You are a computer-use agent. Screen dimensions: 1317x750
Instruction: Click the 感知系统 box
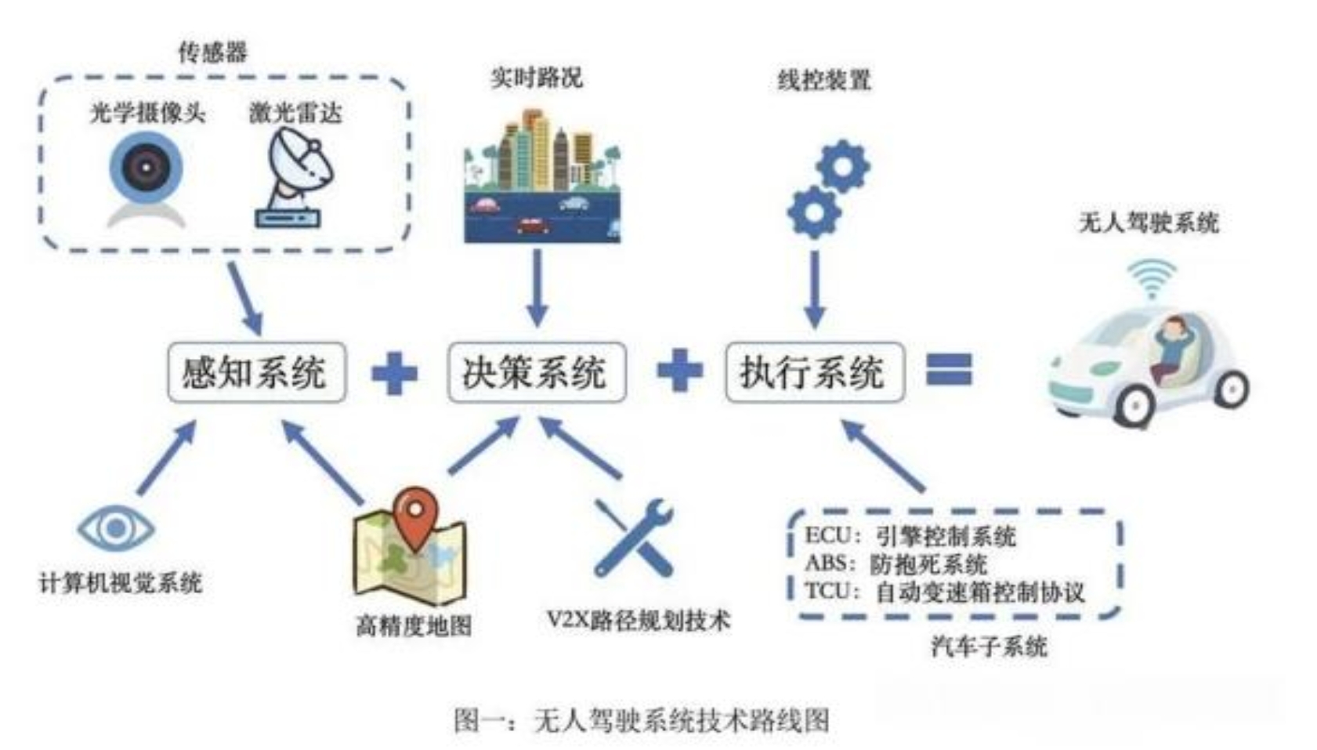tap(257, 372)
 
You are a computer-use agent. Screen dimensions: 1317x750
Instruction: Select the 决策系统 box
tap(536, 372)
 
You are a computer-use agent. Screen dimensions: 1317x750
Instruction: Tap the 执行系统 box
tap(815, 372)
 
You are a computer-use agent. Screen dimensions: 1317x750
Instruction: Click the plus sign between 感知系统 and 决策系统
tap(395, 373)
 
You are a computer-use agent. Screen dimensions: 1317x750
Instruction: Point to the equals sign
tap(950, 369)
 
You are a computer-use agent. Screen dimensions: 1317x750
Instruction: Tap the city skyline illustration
tap(542, 176)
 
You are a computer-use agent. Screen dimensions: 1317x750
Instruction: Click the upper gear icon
tap(843, 166)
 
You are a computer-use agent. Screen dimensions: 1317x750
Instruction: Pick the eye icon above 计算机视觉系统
tap(116, 527)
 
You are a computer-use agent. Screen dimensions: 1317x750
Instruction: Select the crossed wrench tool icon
tap(633, 538)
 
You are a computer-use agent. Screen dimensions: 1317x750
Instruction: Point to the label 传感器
tap(213, 53)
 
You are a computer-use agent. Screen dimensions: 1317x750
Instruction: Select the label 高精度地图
tap(414, 625)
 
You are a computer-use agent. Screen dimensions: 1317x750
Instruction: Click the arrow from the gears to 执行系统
tap(815, 289)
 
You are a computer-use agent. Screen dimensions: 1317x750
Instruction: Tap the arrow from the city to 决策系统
tap(537, 288)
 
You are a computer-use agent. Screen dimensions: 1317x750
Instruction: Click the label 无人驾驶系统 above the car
tap(1149, 223)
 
